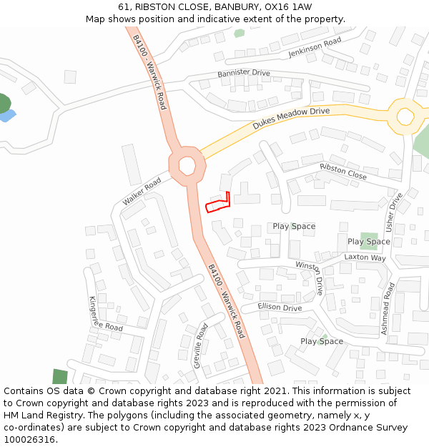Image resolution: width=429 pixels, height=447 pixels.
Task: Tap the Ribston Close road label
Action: (x=343, y=171)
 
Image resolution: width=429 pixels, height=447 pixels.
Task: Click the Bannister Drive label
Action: (x=244, y=73)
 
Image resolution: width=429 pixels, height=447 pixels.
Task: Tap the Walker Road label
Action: (x=142, y=192)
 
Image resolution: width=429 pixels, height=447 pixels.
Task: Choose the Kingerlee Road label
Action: (x=105, y=314)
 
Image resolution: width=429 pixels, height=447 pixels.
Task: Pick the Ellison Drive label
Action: (x=280, y=308)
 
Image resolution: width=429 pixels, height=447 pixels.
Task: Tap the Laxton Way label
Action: (x=365, y=257)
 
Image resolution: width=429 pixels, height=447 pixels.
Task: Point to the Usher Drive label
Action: (x=394, y=212)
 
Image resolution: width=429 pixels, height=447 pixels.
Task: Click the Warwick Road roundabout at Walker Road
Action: (x=187, y=164)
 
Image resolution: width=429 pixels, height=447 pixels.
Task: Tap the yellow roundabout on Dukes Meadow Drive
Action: (x=405, y=116)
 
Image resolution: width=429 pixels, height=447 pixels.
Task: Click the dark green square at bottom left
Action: (x=60, y=377)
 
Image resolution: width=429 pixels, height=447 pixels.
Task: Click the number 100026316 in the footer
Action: (x=29, y=439)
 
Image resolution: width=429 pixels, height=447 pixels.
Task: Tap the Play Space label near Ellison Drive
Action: (x=321, y=341)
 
